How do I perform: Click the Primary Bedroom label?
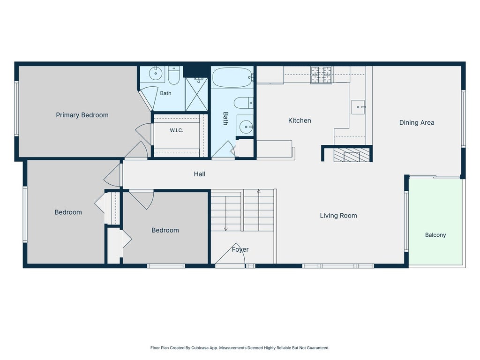click(x=82, y=115)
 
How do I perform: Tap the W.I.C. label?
click(x=177, y=130)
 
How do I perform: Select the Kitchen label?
click(x=300, y=120)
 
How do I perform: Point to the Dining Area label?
click(x=417, y=123)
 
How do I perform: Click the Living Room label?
click(x=338, y=216)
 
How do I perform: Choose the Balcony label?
click(x=435, y=235)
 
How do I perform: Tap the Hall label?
click(x=199, y=174)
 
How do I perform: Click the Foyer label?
click(x=240, y=249)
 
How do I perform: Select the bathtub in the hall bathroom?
click(x=232, y=77)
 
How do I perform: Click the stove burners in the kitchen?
click(x=321, y=75)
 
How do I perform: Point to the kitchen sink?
click(x=358, y=107)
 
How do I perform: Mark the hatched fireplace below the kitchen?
click(x=352, y=155)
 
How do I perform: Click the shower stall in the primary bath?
click(x=196, y=94)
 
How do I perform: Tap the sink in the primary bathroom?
click(x=156, y=74)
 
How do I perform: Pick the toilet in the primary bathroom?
click(x=174, y=75)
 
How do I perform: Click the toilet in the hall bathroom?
click(x=244, y=103)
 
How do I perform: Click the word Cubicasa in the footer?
click(x=199, y=348)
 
